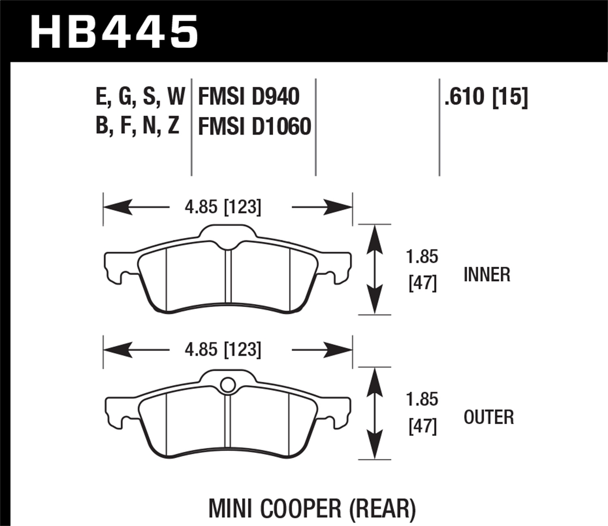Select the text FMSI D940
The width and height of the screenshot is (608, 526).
pyautogui.click(x=248, y=97)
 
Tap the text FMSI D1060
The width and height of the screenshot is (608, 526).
pyautogui.click(x=255, y=126)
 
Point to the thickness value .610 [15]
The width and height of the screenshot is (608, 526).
pyautogui.click(x=486, y=97)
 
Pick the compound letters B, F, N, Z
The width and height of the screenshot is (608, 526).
pyautogui.click(x=137, y=126)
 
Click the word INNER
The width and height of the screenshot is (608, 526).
pyautogui.click(x=487, y=275)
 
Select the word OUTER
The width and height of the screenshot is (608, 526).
pyautogui.click(x=488, y=417)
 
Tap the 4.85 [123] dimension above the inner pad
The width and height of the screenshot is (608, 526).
pyautogui.click(x=223, y=207)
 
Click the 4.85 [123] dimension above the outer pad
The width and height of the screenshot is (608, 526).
pyautogui.click(x=223, y=349)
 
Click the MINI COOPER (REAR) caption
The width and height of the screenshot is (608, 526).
pyautogui.click(x=312, y=509)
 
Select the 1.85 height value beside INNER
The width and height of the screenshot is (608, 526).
pyautogui.click(x=422, y=257)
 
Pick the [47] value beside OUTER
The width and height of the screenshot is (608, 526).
pyautogui.click(x=422, y=427)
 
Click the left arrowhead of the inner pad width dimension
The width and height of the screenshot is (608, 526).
pyautogui.click(x=118, y=207)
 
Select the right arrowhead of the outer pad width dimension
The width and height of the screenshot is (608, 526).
pyautogui.click(x=338, y=349)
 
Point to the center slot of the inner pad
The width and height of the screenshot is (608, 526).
pyautogui.click(x=228, y=280)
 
